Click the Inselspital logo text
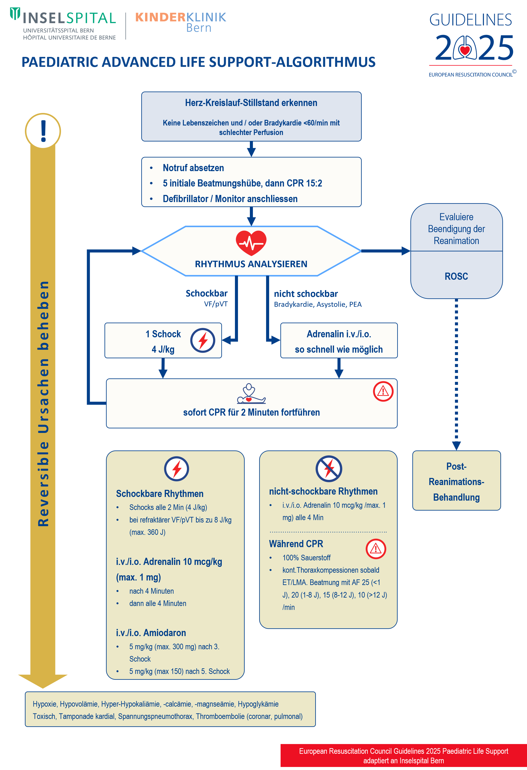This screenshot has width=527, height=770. point(69,18)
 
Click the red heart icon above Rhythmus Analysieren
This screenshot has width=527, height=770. point(251,243)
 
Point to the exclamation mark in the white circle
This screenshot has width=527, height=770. point(43,131)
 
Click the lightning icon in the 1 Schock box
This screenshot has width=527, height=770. point(203,340)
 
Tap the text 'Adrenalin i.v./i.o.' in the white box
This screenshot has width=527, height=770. point(339,334)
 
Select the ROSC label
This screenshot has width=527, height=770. point(456,276)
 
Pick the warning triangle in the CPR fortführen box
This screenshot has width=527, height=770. point(383,391)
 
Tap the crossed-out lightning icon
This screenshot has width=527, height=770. point(329,468)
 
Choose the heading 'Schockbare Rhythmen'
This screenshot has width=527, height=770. point(160,494)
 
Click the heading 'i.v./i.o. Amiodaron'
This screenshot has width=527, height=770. point(151,633)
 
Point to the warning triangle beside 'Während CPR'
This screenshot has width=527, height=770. point(376,549)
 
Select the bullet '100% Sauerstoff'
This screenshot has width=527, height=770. point(306,558)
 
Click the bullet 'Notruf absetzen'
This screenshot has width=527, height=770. point(193,168)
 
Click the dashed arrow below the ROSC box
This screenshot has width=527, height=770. point(456,371)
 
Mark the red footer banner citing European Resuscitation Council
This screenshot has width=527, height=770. point(403,756)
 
